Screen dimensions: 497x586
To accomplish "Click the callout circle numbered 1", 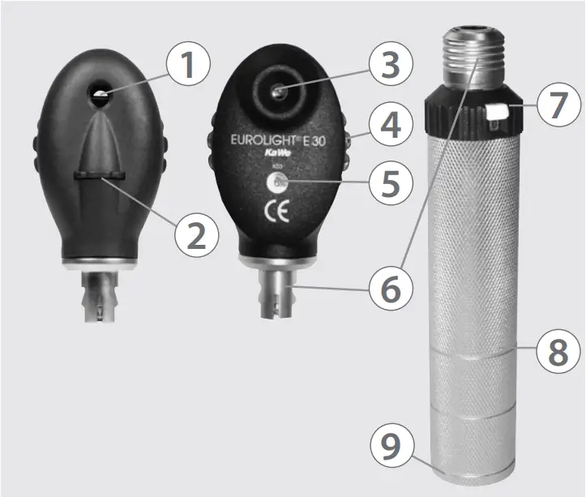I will (188, 65).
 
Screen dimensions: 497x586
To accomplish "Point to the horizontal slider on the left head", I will (97, 174).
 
